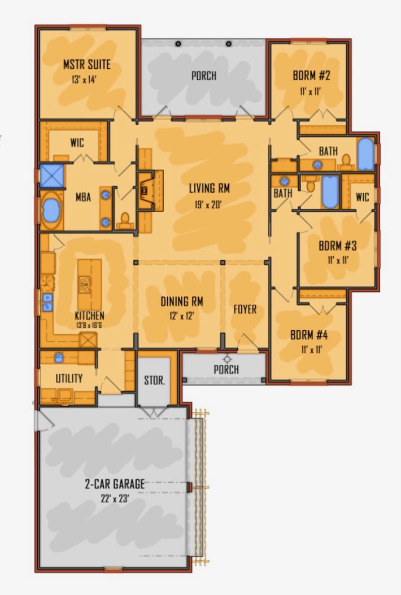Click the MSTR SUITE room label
tap(87, 64)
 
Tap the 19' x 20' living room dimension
tap(208, 205)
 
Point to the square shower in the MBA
tap(51, 176)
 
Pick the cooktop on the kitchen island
tap(85, 284)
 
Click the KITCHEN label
tap(90, 316)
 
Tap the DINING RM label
tap(182, 301)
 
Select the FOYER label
tap(245, 309)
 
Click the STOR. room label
tap(155, 380)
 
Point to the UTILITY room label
tap(69, 378)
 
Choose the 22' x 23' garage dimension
tap(115, 498)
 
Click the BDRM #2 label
tap(311, 75)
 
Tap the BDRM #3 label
tap(338, 246)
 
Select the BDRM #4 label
tap(309, 335)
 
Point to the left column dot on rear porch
tap(178, 44)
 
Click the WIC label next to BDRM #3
tap(362, 197)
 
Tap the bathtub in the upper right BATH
tap(366, 154)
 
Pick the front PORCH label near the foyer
tap(226, 369)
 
